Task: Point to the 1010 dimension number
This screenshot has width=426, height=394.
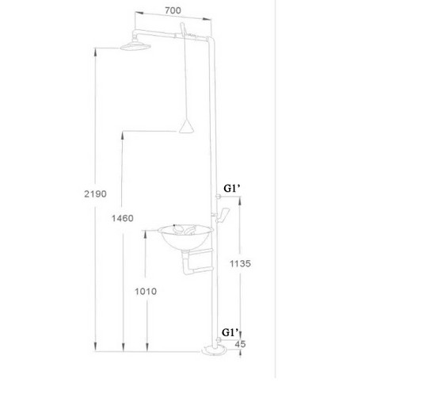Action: (x=145, y=291)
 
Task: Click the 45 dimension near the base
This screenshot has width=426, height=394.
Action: (x=240, y=344)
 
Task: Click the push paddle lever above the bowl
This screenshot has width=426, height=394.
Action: (x=225, y=214)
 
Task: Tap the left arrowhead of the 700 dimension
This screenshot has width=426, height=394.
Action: (x=136, y=14)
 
